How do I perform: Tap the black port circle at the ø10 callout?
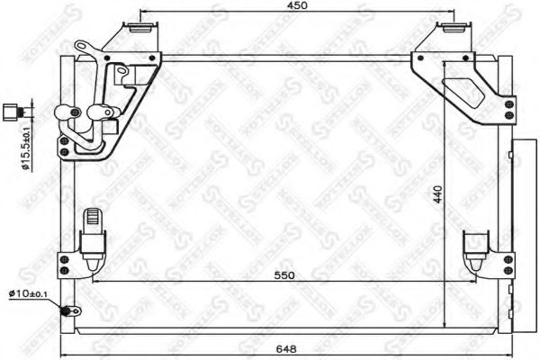point(65,312)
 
